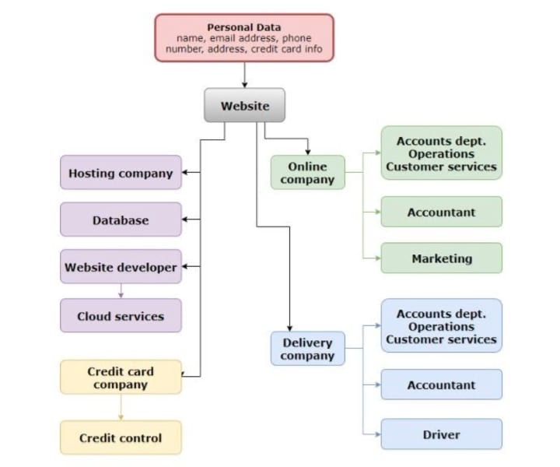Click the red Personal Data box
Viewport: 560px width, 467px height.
point(244,38)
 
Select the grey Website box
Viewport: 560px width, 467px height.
point(245,105)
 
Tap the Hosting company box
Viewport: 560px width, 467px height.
point(121,173)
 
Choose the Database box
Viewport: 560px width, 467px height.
point(121,219)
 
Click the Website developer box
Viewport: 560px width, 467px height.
point(121,267)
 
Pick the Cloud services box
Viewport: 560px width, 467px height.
point(121,316)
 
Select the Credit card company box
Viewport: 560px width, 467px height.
point(121,377)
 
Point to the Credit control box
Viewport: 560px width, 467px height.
point(121,437)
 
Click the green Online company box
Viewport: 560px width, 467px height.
point(308,173)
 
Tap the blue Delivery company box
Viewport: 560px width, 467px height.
point(308,349)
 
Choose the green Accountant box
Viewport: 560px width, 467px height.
point(442,212)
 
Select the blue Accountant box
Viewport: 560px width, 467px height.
point(442,384)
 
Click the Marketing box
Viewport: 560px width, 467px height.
point(442,258)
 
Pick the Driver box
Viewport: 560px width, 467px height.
point(442,434)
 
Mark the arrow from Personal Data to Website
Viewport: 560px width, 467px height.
point(245,75)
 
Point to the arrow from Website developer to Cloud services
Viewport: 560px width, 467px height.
point(121,291)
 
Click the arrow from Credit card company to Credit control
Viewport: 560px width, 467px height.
point(121,407)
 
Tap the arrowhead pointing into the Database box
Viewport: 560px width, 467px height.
point(184,219)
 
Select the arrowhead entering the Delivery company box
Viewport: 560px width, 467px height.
point(289,328)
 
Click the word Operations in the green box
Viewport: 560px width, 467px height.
point(442,154)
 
